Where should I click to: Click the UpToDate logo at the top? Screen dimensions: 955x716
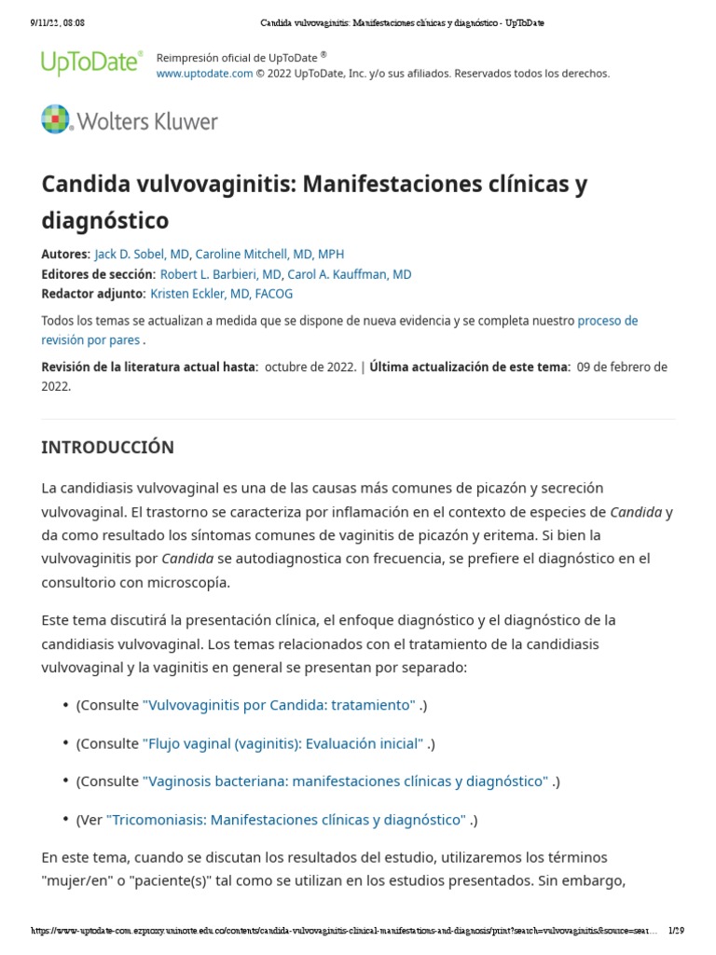point(91,62)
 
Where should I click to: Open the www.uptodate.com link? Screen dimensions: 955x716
point(204,74)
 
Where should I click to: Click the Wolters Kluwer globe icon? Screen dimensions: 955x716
point(56,119)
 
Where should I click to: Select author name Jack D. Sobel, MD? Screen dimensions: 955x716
point(142,254)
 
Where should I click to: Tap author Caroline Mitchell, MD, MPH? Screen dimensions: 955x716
point(269,254)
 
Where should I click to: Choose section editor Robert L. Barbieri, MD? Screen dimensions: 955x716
point(221,274)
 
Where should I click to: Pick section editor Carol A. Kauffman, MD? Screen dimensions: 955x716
point(350,274)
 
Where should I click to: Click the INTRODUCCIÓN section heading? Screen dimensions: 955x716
point(107,448)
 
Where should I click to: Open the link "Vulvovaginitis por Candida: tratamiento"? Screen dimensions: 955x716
point(279,705)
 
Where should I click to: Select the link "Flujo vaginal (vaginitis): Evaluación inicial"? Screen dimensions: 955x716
point(282,743)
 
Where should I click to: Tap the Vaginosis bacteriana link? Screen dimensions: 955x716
point(345,782)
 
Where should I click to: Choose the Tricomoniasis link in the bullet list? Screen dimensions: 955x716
point(285,820)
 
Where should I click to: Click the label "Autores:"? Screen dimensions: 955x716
point(65,254)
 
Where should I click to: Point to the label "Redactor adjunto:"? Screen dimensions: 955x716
point(93,294)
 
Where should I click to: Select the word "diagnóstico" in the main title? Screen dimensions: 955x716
point(105,220)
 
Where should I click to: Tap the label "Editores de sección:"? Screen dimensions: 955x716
point(98,274)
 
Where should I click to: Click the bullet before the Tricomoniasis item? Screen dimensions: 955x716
point(65,820)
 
